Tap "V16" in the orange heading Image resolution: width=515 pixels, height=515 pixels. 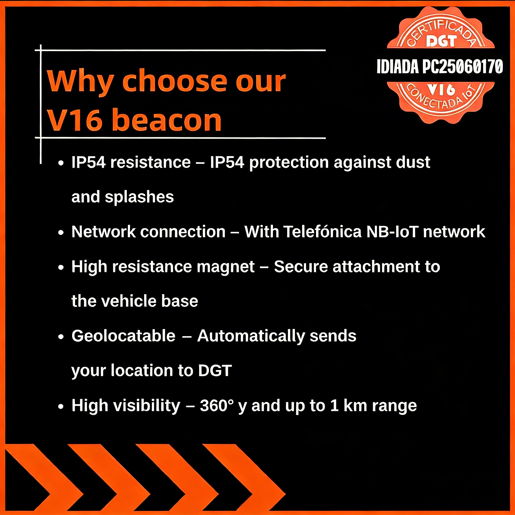tap(75, 120)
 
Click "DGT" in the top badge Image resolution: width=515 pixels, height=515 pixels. tap(441, 41)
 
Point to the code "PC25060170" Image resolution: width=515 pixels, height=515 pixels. tap(463, 67)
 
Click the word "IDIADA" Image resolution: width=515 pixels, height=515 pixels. tap(398, 67)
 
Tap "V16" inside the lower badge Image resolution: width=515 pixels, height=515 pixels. tap(441, 90)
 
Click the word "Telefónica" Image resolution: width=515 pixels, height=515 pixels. tap(322, 232)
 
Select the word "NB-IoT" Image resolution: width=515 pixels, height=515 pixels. tap(392, 232)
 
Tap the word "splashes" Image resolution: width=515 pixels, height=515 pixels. tap(139, 197)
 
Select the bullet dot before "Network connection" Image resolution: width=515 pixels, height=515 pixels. tap(61, 233)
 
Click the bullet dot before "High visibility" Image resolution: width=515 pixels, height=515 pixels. tap(61, 407)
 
